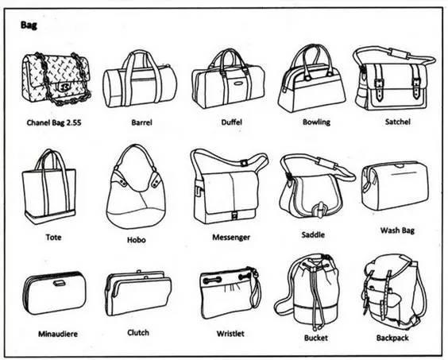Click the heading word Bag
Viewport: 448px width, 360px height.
click(29, 25)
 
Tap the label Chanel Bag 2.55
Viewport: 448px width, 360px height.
click(54, 122)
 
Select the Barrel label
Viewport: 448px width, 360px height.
click(141, 122)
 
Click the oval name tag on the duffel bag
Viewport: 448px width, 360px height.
click(238, 83)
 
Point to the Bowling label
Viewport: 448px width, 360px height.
click(316, 122)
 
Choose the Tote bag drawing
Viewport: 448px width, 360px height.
click(49, 187)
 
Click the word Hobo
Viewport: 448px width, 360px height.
click(137, 240)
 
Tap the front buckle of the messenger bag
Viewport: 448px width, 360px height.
click(234, 215)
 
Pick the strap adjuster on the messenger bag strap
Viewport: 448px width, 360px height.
click(244, 163)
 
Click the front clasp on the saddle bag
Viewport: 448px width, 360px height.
click(319, 210)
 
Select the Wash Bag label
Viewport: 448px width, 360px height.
click(397, 230)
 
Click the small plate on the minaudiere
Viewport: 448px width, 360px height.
click(59, 283)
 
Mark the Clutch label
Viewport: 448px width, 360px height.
click(138, 332)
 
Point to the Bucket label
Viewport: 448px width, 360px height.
click(315, 338)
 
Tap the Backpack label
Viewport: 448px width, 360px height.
click(392, 338)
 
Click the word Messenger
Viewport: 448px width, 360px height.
click(231, 238)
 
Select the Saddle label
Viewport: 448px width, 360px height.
click(313, 234)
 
